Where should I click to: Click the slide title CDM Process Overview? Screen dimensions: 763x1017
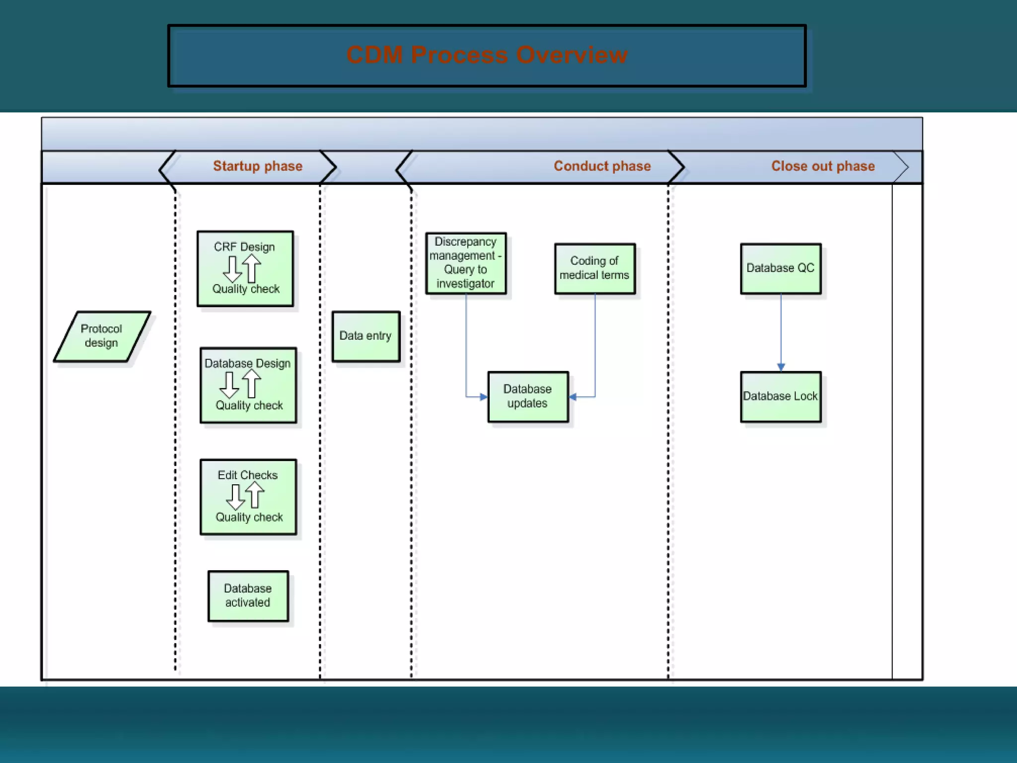pyautogui.click(x=487, y=55)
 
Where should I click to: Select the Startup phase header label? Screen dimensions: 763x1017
pyautogui.click(x=257, y=166)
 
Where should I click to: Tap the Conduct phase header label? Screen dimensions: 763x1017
pyautogui.click(x=602, y=166)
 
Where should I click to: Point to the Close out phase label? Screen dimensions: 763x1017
pyautogui.click(x=822, y=166)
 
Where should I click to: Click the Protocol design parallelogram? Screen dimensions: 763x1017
pyautogui.click(x=102, y=336)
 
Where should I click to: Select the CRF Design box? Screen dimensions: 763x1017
pyautogui.click(x=245, y=269)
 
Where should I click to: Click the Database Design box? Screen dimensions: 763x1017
pyautogui.click(x=248, y=385)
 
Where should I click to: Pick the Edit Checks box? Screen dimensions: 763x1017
pyautogui.click(x=248, y=497)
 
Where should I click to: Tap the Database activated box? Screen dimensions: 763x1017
pyautogui.click(x=248, y=596)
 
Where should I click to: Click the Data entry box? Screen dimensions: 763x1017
pyautogui.click(x=365, y=336)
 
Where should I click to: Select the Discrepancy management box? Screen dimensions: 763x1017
pyautogui.click(x=466, y=263)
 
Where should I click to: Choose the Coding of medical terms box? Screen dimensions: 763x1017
pyautogui.click(x=594, y=268)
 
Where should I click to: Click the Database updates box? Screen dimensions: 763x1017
pyautogui.click(x=527, y=396)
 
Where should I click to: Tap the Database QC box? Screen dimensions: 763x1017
pyautogui.click(x=780, y=268)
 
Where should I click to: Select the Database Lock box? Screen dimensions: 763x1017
pyautogui.click(x=780, y=396)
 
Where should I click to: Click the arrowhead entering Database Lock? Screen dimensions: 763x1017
pyautogui.click(x=781, y=367)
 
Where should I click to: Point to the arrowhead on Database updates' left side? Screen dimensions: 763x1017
pyautogui.click(x=483, y=397)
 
